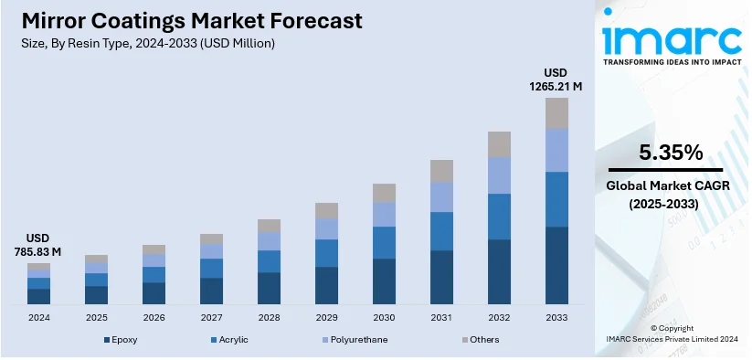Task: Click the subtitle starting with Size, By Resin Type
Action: (145, 43)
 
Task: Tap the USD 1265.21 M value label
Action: (556, 79)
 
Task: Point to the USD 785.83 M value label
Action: (38, 244)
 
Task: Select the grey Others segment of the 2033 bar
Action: (556, 112)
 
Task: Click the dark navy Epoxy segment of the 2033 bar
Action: (556, 265)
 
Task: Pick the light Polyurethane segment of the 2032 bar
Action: (499, 175)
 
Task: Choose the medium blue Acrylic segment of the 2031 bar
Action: (441, 231)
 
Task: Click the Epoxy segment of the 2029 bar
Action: (326, 285)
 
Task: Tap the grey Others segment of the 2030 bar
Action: (384, 193)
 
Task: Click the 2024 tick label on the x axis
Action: (38, 317)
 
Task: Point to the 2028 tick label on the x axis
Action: (269, 317)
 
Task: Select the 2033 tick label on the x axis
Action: (556, 317)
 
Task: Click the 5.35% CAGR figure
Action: (665, 153)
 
